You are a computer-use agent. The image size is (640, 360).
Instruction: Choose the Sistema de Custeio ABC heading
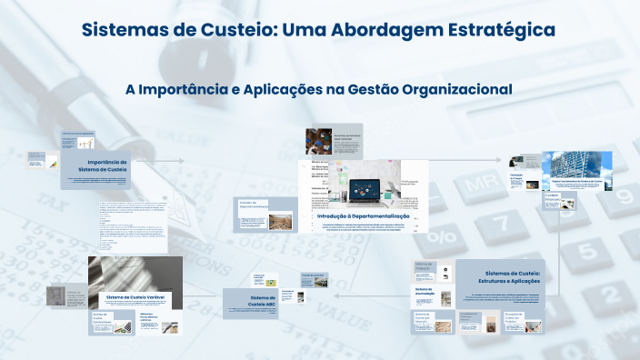[262, 301]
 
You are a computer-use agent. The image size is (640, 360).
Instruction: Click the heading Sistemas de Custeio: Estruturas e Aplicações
[513, 276]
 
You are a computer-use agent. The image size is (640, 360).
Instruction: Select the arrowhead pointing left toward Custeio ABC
[335, 296]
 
